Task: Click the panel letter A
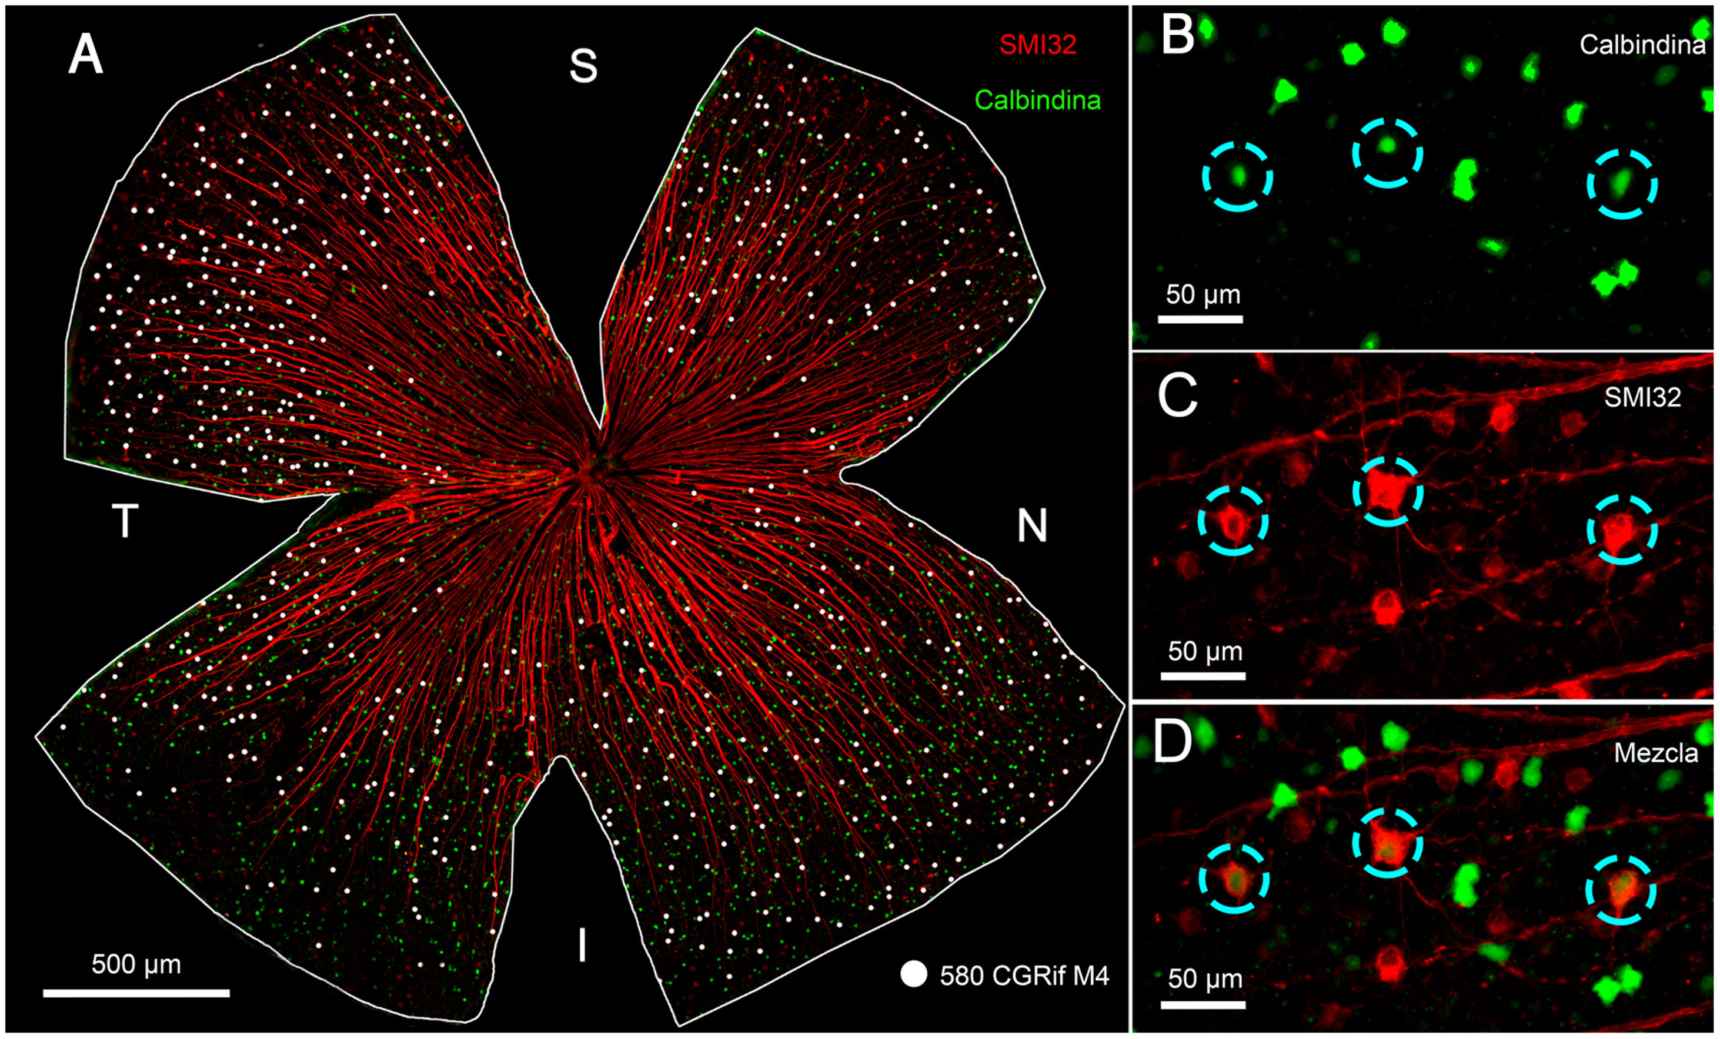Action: click(x=86, y=55)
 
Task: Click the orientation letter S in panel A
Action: click(x=583, y=66)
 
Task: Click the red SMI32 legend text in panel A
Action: click(x=1037, y=45)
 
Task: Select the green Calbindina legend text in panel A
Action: click(x=1037, y=100)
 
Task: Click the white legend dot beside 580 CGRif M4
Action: click(x=914, y=974)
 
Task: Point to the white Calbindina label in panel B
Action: click(x=1642, y=45)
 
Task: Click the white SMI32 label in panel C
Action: click(x=1642, y=397)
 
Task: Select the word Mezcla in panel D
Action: click(x=1656, y=753)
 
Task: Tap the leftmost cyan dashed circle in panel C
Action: click(x=1233, y=521)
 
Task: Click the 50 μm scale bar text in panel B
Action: click(x=1203, y=294)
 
